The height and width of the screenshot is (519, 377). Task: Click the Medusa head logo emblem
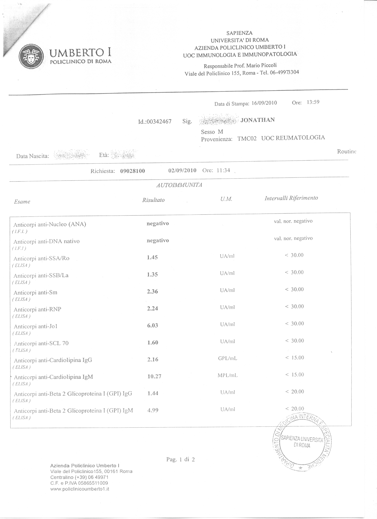pyautogui.click(x=31, y=56)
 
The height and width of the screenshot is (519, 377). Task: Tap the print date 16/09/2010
pyautogui.click(x=264, y=103)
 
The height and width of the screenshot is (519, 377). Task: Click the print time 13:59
pyautogui.click(x=313, y=102)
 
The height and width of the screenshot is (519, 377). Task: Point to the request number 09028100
pyautogui.click(x=132, y=171)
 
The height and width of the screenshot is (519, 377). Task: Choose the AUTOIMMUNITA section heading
pyautogui.click(x=179, y=185)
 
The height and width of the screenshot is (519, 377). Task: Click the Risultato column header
pyautogui.click(x=153, y=200)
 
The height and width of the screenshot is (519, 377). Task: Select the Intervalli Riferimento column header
pyautogui.click(x=291, y=198)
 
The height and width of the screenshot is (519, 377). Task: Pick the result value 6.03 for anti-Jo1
pyautogui.click(x=153, y=326)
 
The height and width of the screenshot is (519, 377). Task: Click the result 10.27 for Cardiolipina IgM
pyautogui.click(x=154, y=376)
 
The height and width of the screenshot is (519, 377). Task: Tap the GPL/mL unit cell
pyautogui.click(x=227, y=358)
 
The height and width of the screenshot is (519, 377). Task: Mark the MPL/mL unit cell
pyautogui.click(x=227, y=376)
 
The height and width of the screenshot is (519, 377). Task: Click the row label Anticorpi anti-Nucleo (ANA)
pyautogui.click(x=50, y=224)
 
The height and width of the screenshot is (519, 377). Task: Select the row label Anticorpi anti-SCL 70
pyautogui.click(x=41, y=343)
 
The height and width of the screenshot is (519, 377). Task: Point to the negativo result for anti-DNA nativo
pyautogui.click(x=158, y=241)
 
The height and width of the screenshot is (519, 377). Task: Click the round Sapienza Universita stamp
pyautogui.click(x=302, y=442)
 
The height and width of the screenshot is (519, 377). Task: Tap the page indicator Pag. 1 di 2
pyautogui.click(x=180, y=460)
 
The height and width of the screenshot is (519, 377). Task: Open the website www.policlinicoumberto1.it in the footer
pyautogui.click(x=80, y=489)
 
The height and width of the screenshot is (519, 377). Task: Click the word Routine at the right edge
pyautogui.click(x=347, y=151)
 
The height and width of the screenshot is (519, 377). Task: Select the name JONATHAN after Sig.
pyautogui.click(x=258, y=120)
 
